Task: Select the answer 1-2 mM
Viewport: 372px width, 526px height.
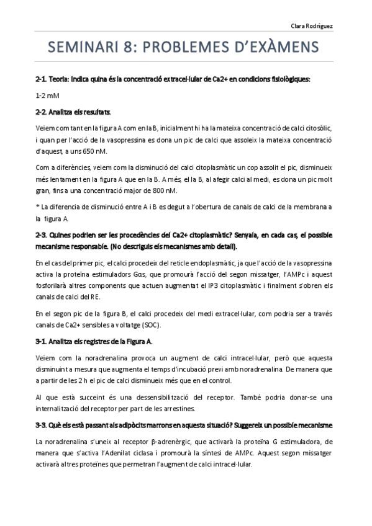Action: (47, 96)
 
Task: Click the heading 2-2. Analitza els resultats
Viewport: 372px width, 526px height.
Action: (73, 112)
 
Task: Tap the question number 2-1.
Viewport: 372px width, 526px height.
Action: (43, 79)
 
